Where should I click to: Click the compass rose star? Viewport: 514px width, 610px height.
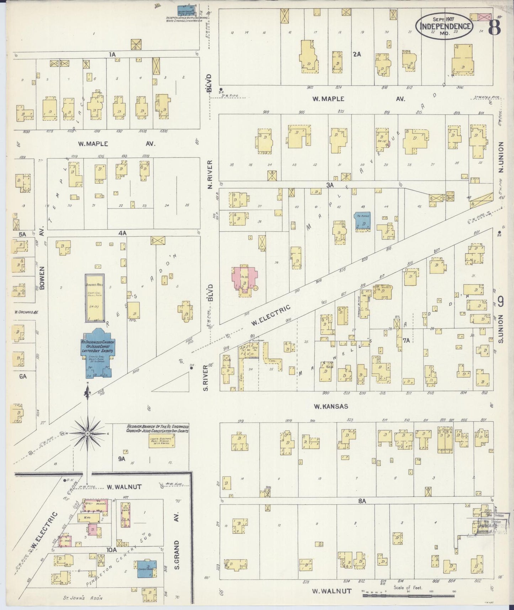[x=87, y=433]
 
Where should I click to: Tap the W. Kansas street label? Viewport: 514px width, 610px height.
[x=330, y=406]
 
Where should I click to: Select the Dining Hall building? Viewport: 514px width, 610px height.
[x=94, y=297]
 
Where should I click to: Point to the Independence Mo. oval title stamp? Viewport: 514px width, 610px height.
[x=445, y=26]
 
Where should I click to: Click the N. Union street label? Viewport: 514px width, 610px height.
[x=501, y=157]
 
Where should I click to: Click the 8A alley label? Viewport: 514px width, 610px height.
[x=362, y=501]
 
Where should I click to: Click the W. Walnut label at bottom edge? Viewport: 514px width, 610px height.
[x=332, y=591]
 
